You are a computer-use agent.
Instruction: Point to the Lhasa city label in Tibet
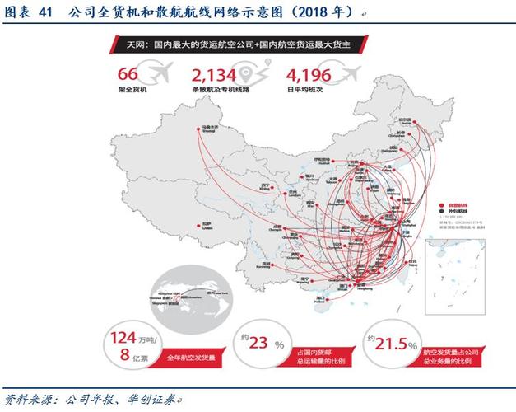186,226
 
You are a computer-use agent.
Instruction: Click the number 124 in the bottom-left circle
122,337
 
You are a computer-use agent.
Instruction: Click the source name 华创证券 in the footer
153,399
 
